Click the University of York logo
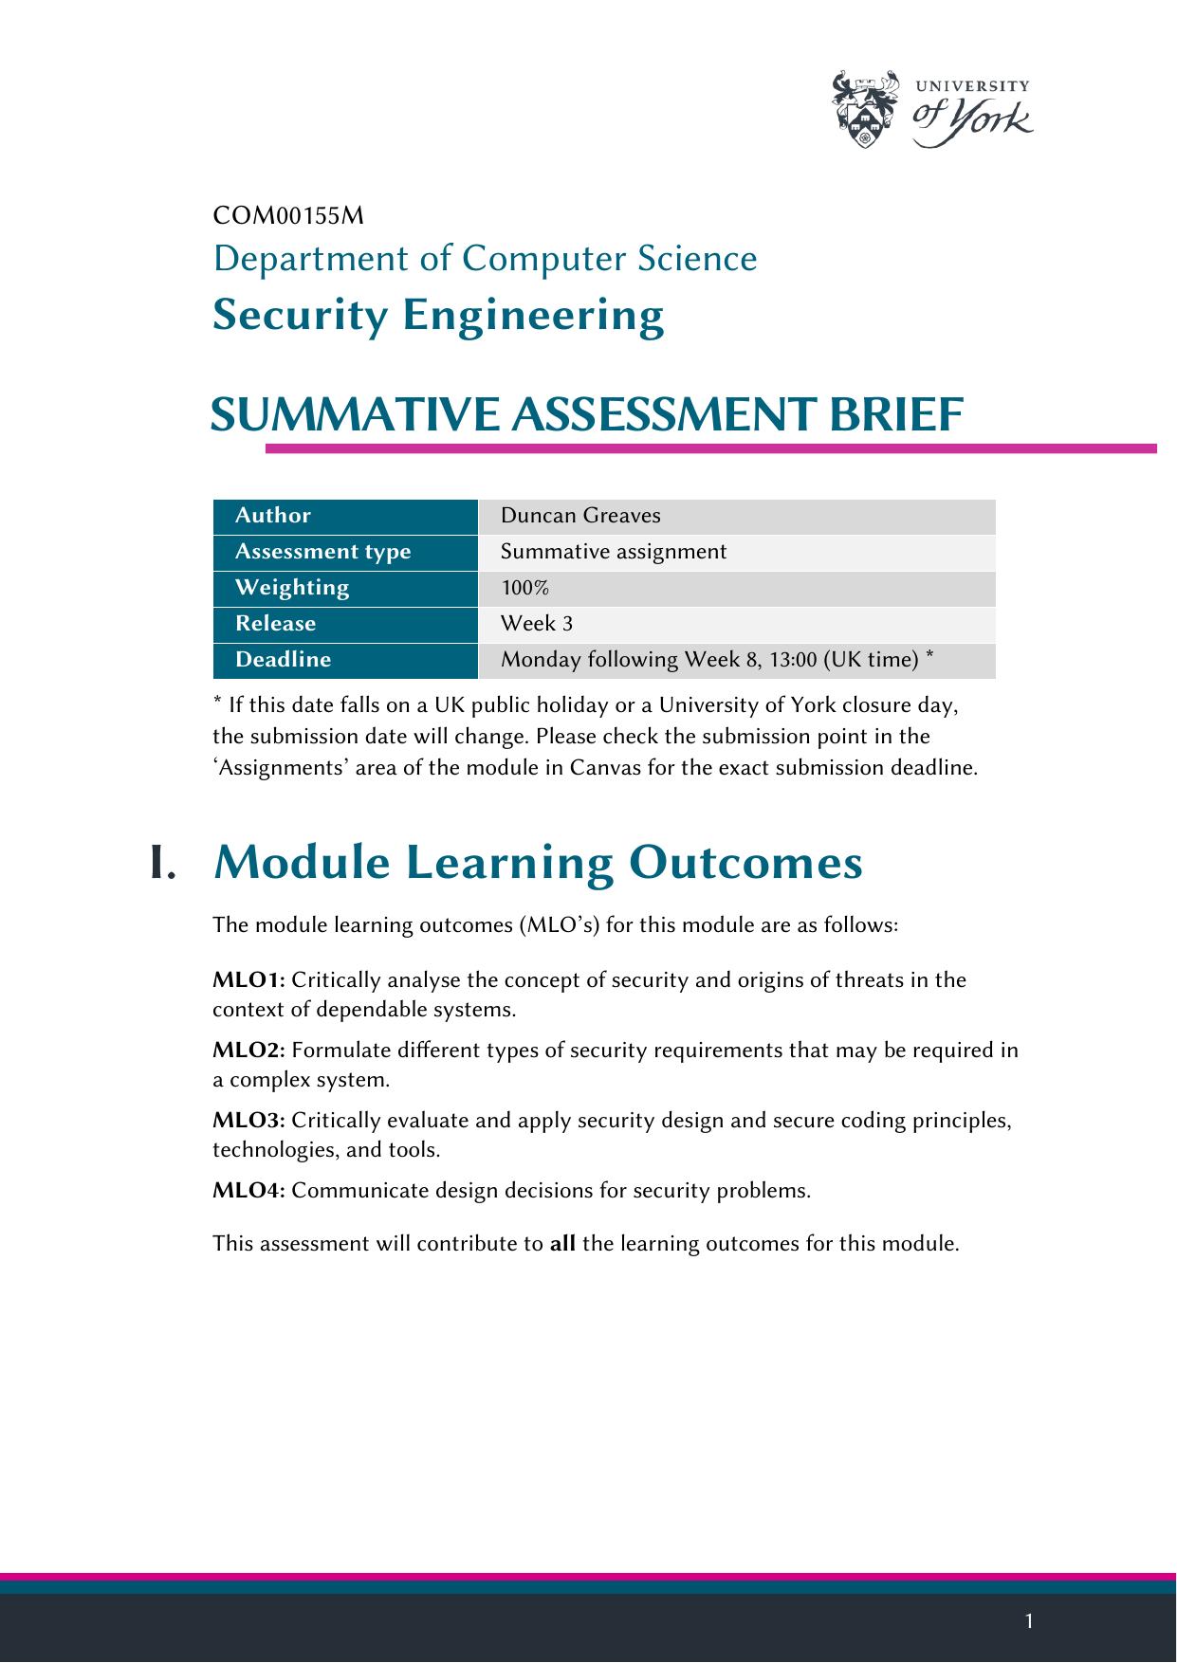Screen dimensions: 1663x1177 click(931, 110)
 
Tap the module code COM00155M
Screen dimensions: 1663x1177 click(288, 216)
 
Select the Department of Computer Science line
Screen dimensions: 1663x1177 click(485, 258)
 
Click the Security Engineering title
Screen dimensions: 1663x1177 click(438, 315)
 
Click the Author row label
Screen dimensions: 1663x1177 click(273, 516)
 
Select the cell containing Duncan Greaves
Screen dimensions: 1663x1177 click(580, 516)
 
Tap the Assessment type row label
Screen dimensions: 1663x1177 click(322, 552)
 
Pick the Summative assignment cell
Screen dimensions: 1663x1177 click(614, 552)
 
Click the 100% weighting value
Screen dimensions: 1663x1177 click(525, 588)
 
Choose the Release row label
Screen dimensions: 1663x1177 click(275, 624)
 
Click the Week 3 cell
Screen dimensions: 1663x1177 click(537, 624)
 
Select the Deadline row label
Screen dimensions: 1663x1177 click(283, 660)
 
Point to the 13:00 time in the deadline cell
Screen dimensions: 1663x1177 click(793, 660)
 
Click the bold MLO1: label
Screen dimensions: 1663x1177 click(248, 979)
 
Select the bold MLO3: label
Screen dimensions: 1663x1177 click(248, 1121)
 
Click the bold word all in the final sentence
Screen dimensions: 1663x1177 click(562, 1243)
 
